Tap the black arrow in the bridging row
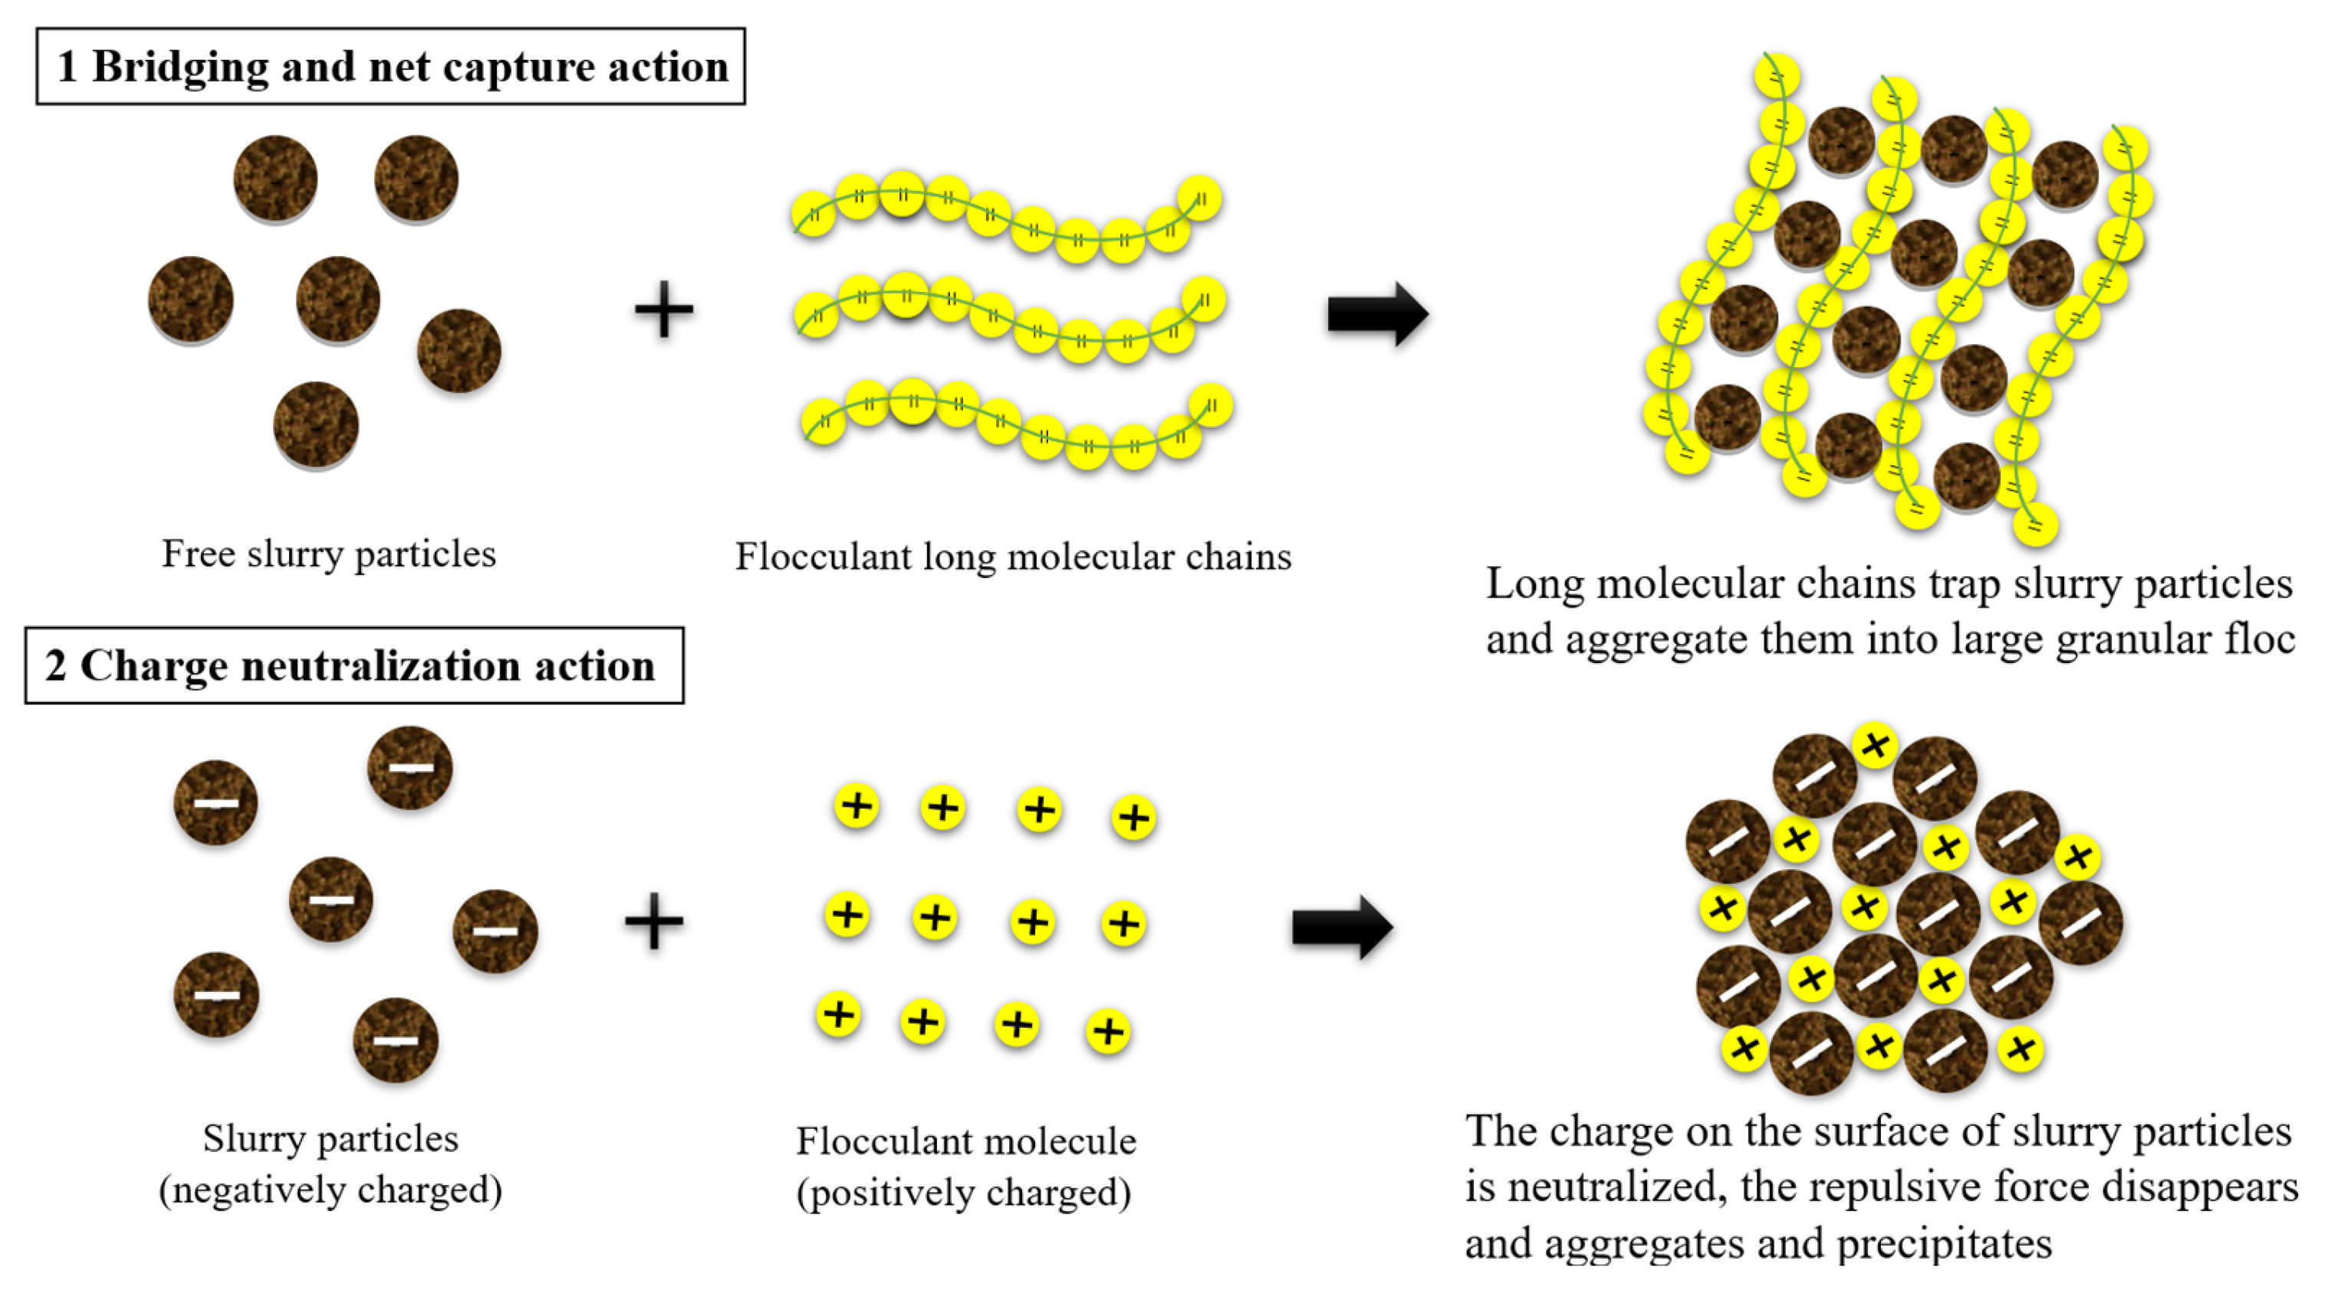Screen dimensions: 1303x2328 [x=1376, y=314]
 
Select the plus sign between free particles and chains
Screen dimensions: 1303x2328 [x=664, y=310]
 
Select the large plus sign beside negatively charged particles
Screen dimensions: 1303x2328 [x=653, y=921]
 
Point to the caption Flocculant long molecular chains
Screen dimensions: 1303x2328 [x=1013, y=556]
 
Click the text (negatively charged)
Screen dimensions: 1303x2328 [x=330, y=1190]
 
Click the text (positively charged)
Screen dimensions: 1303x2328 [x=963, y=1193]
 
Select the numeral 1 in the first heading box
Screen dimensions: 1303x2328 [x=66, y=67]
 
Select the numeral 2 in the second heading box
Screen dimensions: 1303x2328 [x=55, y=667]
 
